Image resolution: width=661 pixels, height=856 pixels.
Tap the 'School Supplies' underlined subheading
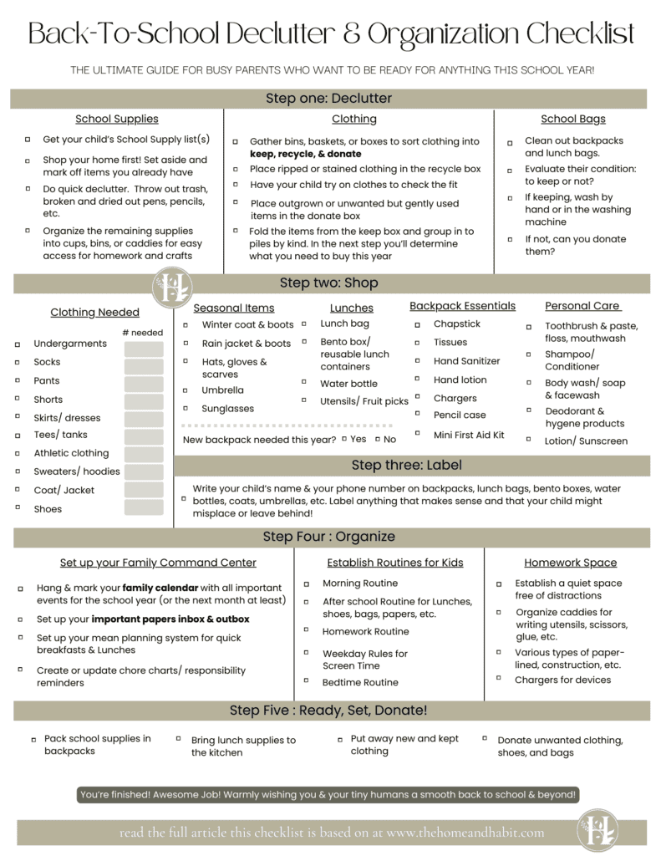[116, 120]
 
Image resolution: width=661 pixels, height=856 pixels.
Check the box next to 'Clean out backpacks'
[510, 142]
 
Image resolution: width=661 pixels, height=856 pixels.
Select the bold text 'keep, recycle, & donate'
[305, 154]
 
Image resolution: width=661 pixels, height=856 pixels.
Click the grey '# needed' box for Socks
[144, 363]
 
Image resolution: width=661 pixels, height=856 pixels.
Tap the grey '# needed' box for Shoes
[144, 508]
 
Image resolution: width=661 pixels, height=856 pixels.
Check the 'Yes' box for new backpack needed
[343, 439]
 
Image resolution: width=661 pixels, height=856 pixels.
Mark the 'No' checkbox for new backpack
[378, 439]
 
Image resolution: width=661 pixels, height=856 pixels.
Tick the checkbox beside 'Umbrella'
[186, 390]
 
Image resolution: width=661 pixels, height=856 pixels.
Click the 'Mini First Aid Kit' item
[469, 435]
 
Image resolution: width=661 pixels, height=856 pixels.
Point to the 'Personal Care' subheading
[582, 306]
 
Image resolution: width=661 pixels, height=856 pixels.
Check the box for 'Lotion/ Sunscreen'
[529, 439]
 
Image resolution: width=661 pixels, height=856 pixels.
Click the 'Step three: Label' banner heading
[406, 466]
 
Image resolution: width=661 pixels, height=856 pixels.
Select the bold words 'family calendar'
[160, 588]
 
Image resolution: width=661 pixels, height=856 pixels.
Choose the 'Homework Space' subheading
[570, 563]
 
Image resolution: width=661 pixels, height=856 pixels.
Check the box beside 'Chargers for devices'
[499, 680]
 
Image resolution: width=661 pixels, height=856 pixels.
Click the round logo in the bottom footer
[597, 831]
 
